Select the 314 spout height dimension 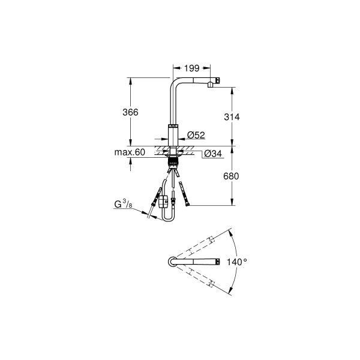pyautogui.click(x=231, y=117)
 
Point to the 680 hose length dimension pyautogui.click(x=231, y=177)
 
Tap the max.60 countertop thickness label pyautogui.click(x=130, y=152)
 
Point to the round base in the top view pyautogui.click(x=172, y=262)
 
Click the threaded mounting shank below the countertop pyautogui.click(x=173, y=159)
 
